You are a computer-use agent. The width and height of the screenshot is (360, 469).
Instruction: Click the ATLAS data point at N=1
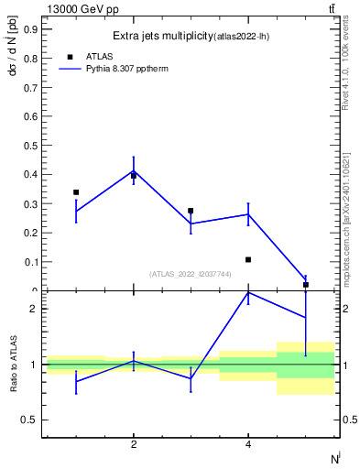[76, 192]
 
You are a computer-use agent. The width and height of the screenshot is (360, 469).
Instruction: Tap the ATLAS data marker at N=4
[248, 259]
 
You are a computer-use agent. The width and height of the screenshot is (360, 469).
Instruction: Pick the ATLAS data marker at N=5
[305, 285]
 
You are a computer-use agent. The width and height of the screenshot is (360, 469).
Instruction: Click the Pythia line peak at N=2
[134, 170]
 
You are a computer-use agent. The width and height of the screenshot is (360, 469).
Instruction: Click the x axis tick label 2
[134, 446]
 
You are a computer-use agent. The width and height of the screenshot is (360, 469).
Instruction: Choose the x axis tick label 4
[248, 446]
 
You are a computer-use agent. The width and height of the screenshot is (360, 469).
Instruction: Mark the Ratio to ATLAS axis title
[13, 364]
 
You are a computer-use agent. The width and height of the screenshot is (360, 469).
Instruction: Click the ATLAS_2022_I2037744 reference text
[191, 274]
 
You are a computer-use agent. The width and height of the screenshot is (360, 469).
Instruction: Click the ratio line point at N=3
[191, 378]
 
